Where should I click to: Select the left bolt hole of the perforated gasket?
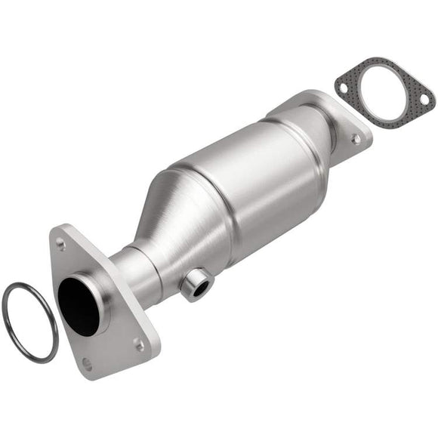coord(343,88)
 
